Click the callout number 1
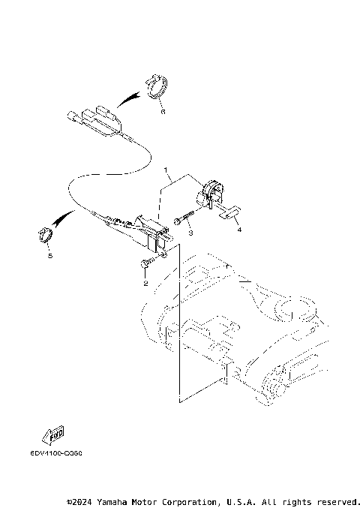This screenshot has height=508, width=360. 166,171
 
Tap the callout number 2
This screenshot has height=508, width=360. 145,285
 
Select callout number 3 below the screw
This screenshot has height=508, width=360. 190,233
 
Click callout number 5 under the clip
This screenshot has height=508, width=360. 49,255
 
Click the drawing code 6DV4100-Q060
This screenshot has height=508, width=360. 56,453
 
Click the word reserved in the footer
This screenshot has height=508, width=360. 337,500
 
